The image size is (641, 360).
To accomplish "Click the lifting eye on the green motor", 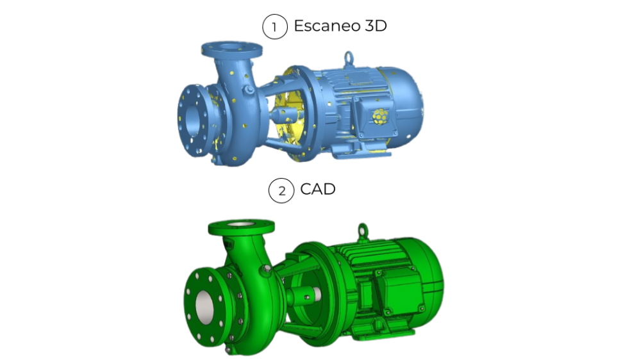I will [363, 228].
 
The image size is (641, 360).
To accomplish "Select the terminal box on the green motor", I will [397, 292].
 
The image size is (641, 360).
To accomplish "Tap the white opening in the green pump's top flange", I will [241, 224].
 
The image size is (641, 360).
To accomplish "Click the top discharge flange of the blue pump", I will [231, 49].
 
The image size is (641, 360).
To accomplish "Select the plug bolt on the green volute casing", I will [263, 270].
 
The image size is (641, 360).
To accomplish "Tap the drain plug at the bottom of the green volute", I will [228, 350].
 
